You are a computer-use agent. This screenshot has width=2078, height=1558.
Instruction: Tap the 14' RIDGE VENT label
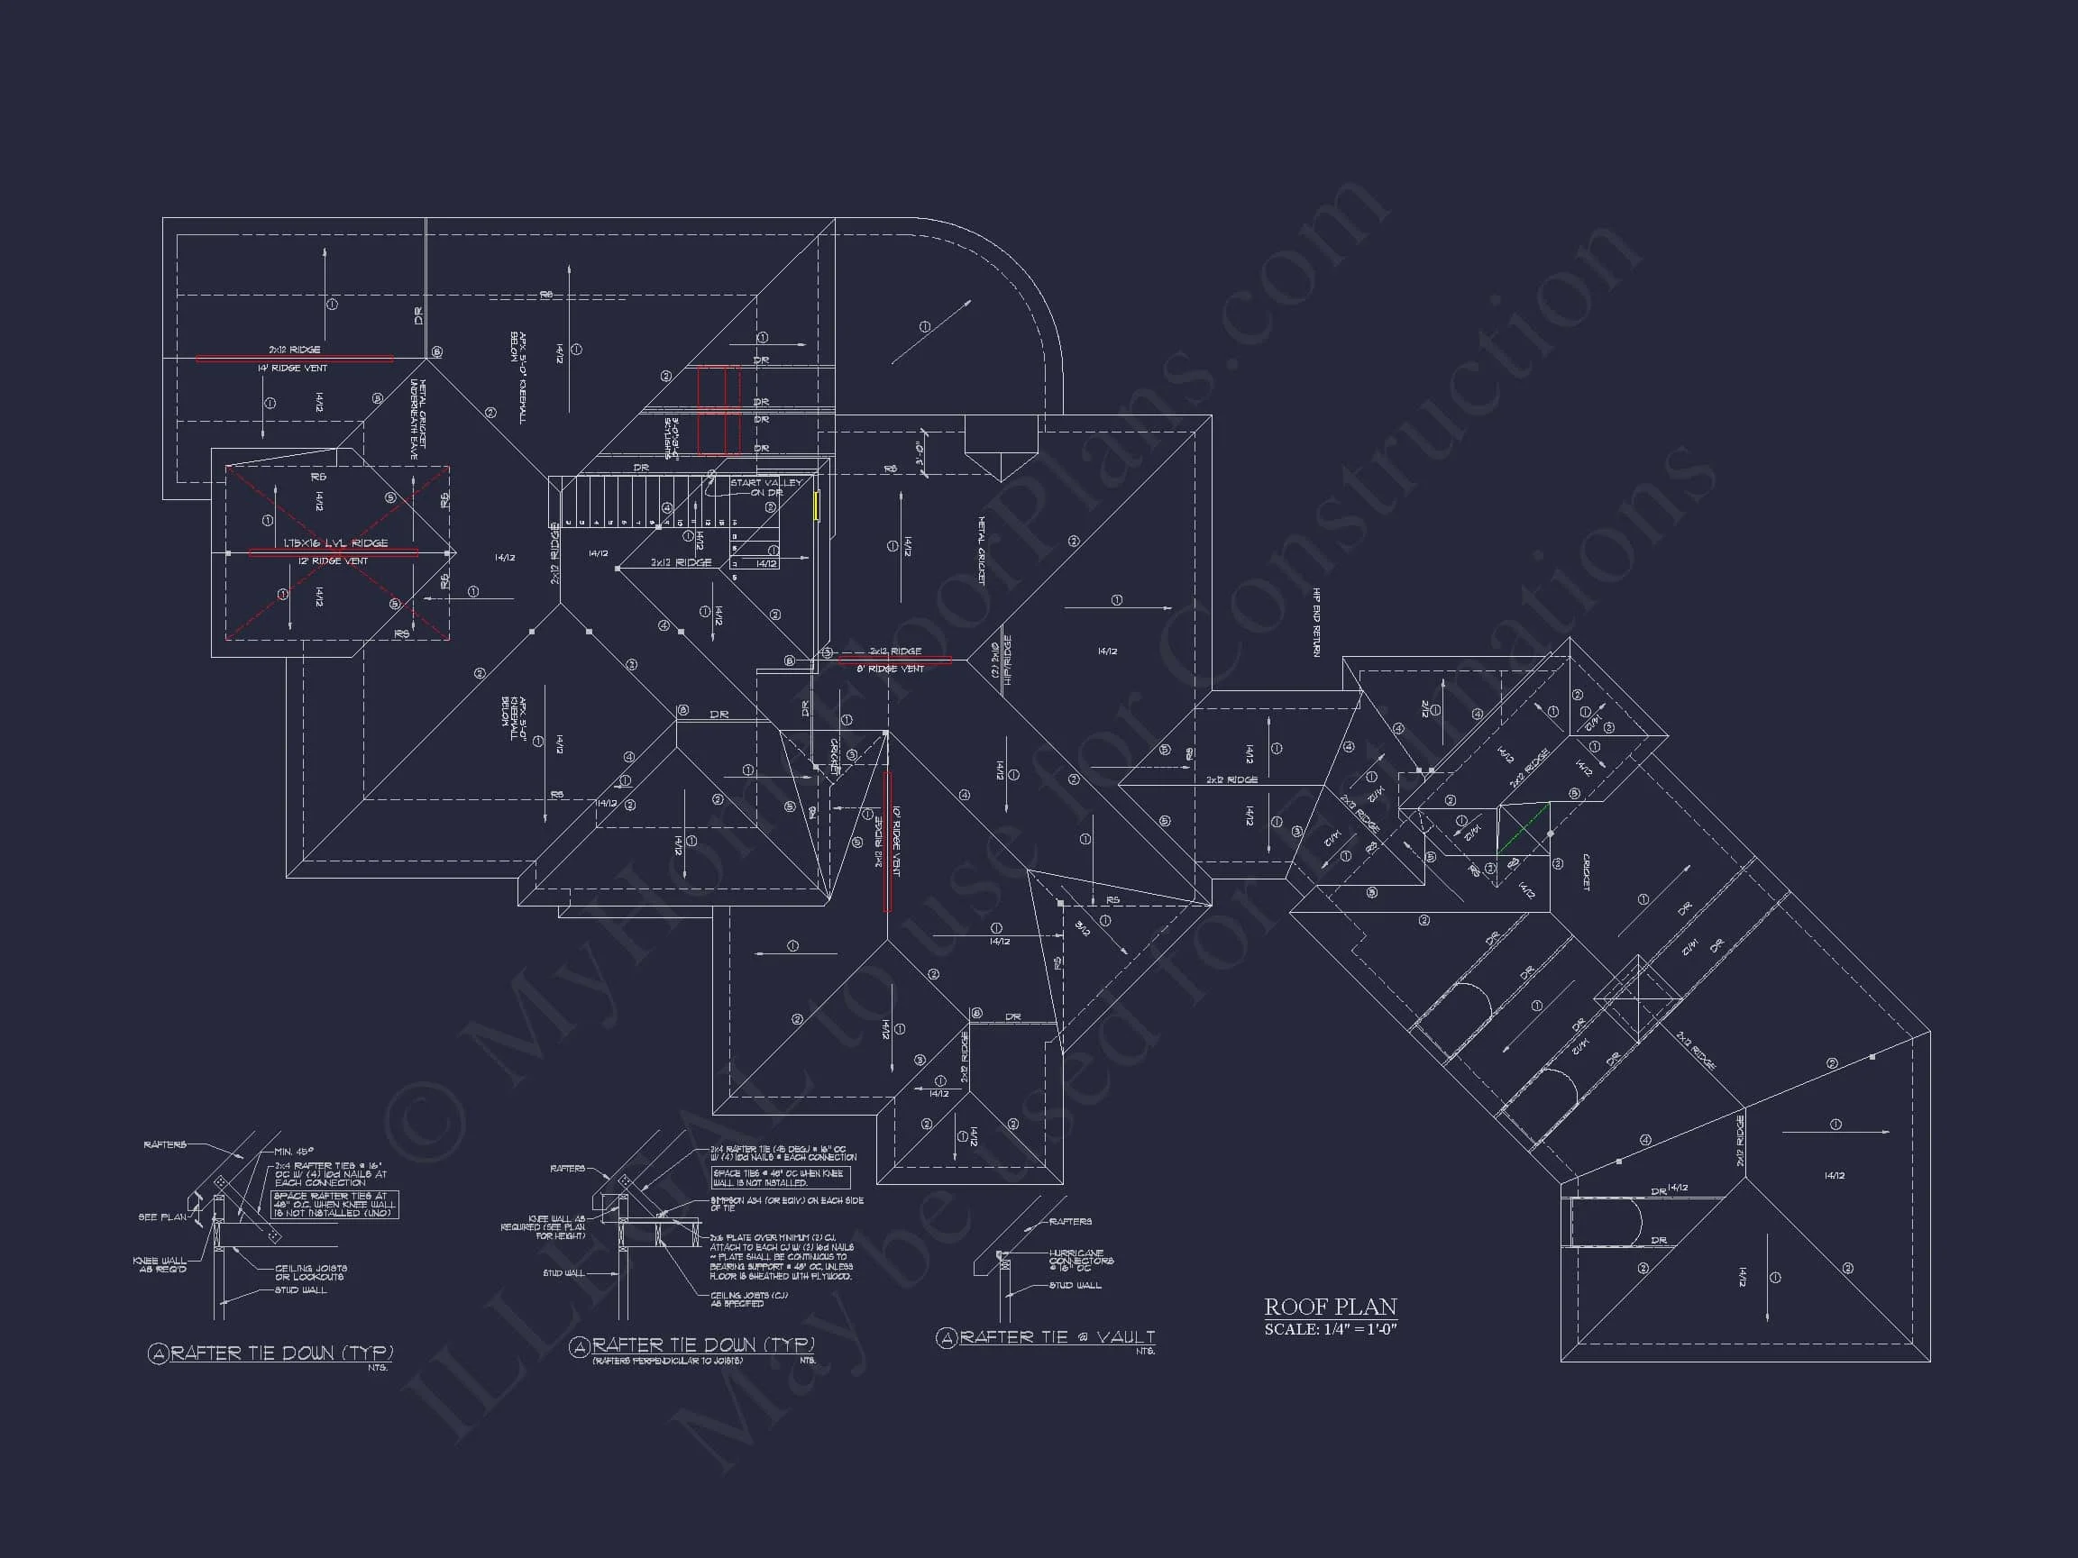(292, 369)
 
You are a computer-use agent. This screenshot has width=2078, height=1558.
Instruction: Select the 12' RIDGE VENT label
(333, 561)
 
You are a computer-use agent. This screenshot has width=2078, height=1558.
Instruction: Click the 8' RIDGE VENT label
(890, 669)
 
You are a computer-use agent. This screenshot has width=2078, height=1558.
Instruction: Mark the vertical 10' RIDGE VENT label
(895, 842)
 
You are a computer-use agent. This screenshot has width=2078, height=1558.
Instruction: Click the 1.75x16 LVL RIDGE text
(335, 542)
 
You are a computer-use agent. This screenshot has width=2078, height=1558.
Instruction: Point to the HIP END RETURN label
(1317, 623)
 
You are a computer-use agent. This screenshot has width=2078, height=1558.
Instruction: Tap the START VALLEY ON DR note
(765, 487)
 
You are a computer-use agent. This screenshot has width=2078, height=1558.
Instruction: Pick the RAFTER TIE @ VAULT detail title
(1056, 1336)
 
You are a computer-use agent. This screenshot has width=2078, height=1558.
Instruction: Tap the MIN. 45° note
(295, 1152)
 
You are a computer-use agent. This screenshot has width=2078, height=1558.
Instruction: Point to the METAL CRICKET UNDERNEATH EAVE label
(418, 419)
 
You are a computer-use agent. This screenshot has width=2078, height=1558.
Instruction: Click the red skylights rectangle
(718, 411)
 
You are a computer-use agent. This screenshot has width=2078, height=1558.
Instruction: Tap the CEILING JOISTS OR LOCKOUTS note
(310, 1272)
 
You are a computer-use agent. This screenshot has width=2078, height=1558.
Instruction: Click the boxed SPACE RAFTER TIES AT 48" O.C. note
(334, 1204)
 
